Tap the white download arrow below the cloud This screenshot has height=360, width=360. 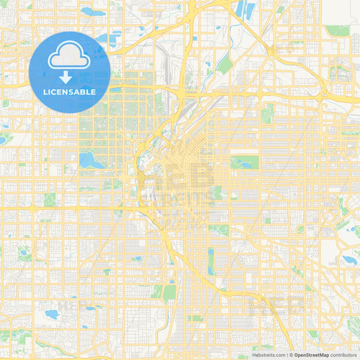click(x=70, y=78)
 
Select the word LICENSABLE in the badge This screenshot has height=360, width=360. click(x=70, y=92)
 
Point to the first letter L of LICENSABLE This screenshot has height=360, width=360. click(x=45, y=92)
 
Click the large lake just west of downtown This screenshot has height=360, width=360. click(x=87, y=160)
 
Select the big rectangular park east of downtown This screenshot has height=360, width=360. click(x=245, y=162)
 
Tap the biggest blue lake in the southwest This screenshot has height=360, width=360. click(x=51, y=314)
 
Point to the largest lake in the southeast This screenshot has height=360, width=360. click(x=349, y=259)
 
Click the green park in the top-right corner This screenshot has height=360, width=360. click(x=338, y=30)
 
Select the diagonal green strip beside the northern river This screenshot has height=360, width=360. click(x=225, y=64)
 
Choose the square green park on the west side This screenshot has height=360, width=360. click(x=49, y=199)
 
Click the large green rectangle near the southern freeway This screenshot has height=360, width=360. click(x=169, y=291)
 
